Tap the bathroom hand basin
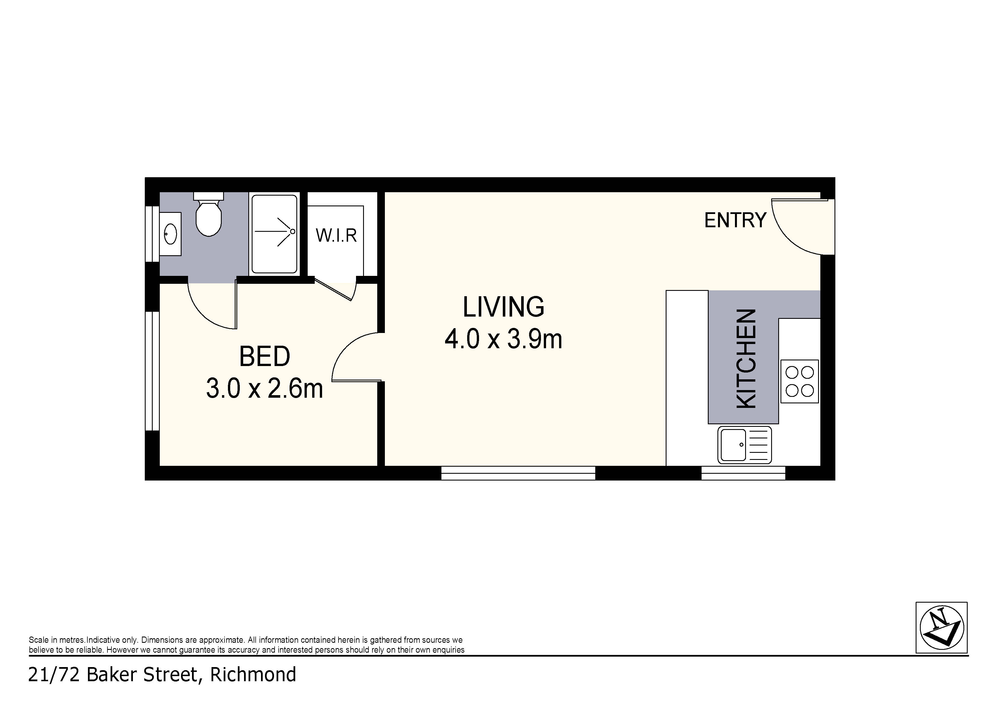click(170, 234)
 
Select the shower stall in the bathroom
click(274, 234)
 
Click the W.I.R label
click(336, 236)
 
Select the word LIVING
click(503, 307)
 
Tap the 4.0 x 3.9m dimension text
click(503, 339)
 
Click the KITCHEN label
click(746, 358)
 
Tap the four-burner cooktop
click(799, 381)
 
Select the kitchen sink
click(745, 445)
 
